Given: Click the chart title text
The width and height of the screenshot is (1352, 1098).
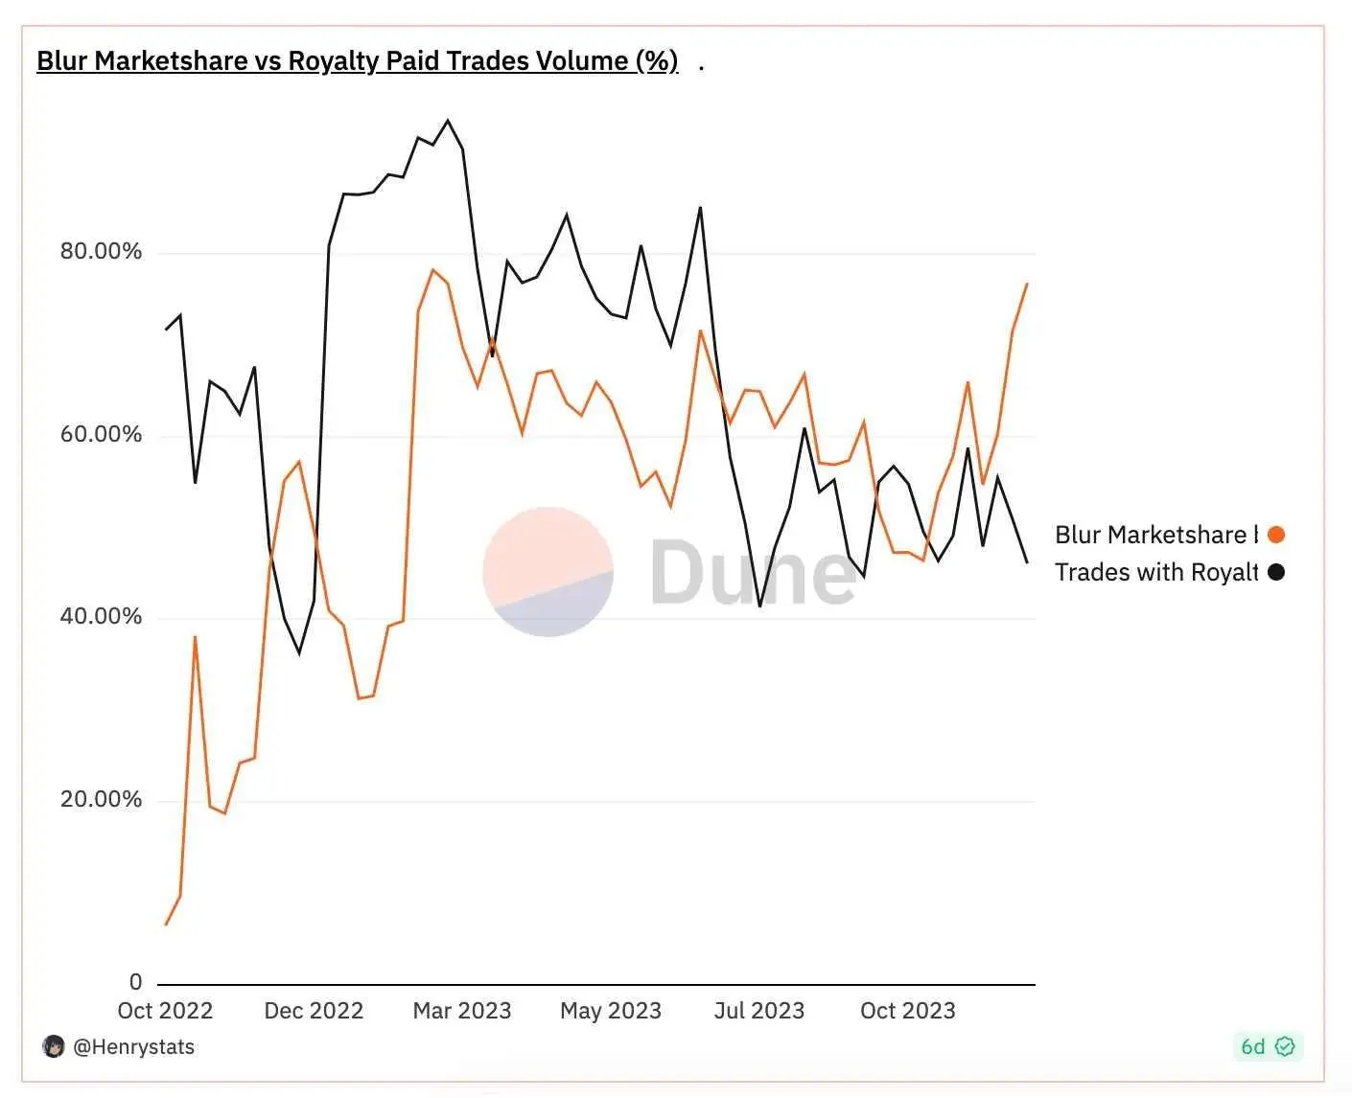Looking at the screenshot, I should pos(357,61).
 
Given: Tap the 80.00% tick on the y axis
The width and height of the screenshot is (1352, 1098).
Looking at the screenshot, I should pos(101,251).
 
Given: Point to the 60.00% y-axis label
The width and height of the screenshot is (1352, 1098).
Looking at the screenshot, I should pos(101,434).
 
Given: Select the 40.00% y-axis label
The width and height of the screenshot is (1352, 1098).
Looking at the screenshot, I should pos(101,616).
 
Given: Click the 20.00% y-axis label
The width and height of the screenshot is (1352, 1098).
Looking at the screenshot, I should pos(101,799).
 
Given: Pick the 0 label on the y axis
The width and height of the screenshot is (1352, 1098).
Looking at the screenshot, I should pos(135,982).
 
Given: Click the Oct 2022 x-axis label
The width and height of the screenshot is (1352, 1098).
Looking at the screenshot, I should pos(165,1011).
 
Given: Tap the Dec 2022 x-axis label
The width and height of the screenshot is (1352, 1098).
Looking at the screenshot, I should pos(314,1011).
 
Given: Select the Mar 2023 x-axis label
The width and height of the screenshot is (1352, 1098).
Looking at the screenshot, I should pos(462,1011).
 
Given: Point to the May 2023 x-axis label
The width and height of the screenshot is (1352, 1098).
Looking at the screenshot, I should pos(611,1011).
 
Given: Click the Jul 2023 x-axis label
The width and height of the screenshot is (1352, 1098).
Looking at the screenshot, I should pos(759,1011).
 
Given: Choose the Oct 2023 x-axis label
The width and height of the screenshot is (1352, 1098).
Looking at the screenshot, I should pos(908,1011).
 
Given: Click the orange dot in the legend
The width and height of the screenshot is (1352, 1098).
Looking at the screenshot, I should pos(1276,535).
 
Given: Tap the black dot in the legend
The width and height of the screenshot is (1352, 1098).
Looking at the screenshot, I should pos(1276,572).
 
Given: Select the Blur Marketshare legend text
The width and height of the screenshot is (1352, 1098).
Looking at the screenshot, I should pos(1155,535).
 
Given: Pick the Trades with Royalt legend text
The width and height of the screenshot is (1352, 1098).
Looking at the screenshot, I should pos(1155,572).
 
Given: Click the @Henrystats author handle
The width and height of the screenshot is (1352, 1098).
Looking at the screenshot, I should pos(133,1047).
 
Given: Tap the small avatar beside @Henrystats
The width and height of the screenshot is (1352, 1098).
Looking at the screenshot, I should pos(54,1046).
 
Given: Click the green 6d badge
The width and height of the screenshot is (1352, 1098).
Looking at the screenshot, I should pos(1267,1046).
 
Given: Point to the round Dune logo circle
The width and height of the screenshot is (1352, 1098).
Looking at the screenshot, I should pos(548,572).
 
